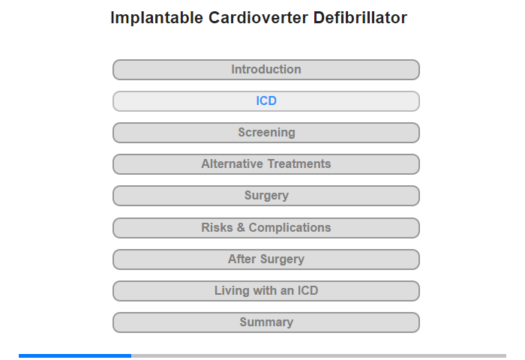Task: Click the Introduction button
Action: pyautogui.click(x=265, y=70)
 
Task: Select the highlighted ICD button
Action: pyautogui.click(x=265, y=101)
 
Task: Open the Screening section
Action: pyautogui.click(x=265, y=133)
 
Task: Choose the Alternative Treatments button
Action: pyautogui.click(x=265, y=164)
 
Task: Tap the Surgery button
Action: pyautogui.click(x=265, y=196)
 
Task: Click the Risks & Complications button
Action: pyautogui.click(x=265, y=228)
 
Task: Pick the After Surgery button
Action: pyautogui.click(x=265, y=259)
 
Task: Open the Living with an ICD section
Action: pyautogui.click(x=265, y=291)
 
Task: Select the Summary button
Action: pyautogui.click(x=265, y=322)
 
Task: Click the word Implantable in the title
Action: pyautogui.click(x=157, y=18)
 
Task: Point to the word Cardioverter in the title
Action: pyautogui.click(x=258, y=17)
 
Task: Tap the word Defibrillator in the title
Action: pyautogui.click(x=360, y=17)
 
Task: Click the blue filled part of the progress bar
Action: pyautogui.click(x=75, y=355)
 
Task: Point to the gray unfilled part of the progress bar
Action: pyautogui.click(x=319, y=355)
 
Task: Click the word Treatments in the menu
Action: pyautogui.click(x=299, y=163)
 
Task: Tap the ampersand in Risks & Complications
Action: pyautogui.click(x=241, y=227)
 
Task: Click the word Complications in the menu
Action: pyautogui.click(x=289, y=228)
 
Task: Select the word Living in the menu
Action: pyautogui.click(x=232, y=291)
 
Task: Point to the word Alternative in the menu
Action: pyautogui.click(x=232, y=163)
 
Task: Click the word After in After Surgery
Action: pyautogui.click(x=242, y=259)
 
